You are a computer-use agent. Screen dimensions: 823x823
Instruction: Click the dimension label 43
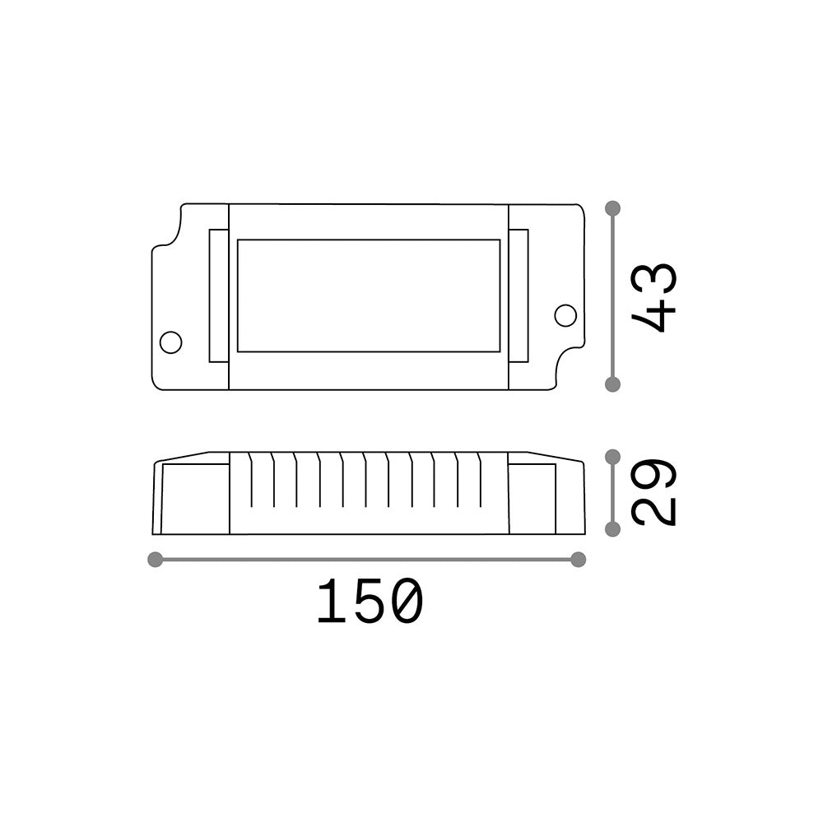click(655, 296)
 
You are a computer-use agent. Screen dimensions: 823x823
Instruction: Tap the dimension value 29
click(655, 492)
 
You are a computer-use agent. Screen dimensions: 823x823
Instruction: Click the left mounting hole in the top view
click(170, 342)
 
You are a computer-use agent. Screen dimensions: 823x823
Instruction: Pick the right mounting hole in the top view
click(565, 314)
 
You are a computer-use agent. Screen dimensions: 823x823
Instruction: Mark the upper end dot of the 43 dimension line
click(612, 208)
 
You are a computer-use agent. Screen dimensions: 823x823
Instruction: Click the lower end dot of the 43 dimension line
click(612, 384)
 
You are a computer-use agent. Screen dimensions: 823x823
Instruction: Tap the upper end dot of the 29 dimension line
click(612, 457)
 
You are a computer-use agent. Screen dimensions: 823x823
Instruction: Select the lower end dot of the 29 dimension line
click(612, 529)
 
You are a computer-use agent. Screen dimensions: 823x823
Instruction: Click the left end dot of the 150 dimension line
click(154, 560)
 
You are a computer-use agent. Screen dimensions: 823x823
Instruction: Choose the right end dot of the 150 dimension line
click(578, 560)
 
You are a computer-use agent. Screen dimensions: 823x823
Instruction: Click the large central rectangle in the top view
click(369, 295)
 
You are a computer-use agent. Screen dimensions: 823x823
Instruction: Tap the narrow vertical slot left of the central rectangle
click(219, 295)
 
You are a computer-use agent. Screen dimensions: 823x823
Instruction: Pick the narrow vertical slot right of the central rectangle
click(518, 295)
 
